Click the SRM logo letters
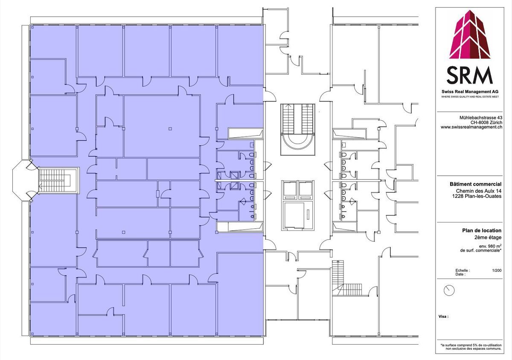coord(470,75)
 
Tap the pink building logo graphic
coord(470,34)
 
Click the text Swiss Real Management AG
coord(470,92)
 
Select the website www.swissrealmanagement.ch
coord(471,127)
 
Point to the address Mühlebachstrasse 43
coord(481,117)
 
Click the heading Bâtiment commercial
coord(476,184)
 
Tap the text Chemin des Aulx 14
coord(479,191)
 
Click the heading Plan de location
coord(482,230)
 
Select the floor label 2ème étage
coord(488,238)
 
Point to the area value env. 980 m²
coord(490,246)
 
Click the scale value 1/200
coord(497,270)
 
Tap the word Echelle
coord(463,270)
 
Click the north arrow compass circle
coord(449,290)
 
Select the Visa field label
coord(443,316)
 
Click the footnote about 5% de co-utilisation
coord(471,347)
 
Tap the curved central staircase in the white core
coord(298,130)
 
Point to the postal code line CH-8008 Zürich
coord(486,122)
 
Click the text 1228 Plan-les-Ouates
coord(477,196)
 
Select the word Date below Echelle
coord(460,274)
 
